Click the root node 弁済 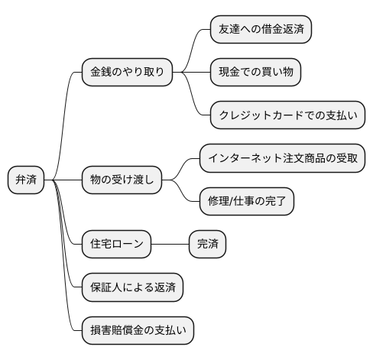(x=26, y=180)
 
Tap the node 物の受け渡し (x=122, y=180)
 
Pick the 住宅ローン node (x=117, y=245)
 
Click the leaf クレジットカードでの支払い (x=287, y=115)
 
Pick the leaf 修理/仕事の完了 (x=245, y=202)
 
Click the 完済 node (x=208, y=245)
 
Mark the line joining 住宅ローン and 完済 (x=170, y=245)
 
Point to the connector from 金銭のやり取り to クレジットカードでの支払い (x=193, y=98)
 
